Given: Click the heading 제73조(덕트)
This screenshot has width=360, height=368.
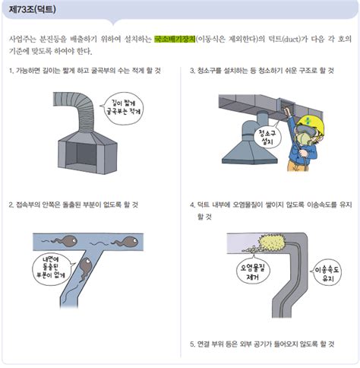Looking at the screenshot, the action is (32, 9).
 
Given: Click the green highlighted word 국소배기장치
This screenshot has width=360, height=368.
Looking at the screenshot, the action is (175, 39).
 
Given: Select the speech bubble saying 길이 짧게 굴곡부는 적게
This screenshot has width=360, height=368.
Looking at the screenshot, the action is (123, 108).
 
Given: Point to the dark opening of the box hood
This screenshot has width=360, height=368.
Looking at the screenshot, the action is (81, 154).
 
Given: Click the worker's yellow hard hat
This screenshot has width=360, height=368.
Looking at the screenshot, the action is (311, 124).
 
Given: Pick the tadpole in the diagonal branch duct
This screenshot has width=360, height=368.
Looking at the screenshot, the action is (85, 268).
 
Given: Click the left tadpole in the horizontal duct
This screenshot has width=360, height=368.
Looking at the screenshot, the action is (66, 241).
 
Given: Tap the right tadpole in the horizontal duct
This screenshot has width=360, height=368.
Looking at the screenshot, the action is (127, 241).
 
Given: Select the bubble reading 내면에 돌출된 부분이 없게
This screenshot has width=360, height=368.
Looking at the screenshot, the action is (52, 269).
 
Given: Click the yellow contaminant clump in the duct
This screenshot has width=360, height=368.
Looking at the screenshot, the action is (272, 243).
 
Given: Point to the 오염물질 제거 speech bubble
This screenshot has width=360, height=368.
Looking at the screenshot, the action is (252, 271).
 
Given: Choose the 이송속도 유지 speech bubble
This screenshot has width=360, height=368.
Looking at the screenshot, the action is (327, 274).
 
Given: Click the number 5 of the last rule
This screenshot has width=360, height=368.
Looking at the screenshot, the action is (192, 344).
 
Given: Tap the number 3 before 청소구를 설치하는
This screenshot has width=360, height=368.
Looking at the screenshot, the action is (192, 71).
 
